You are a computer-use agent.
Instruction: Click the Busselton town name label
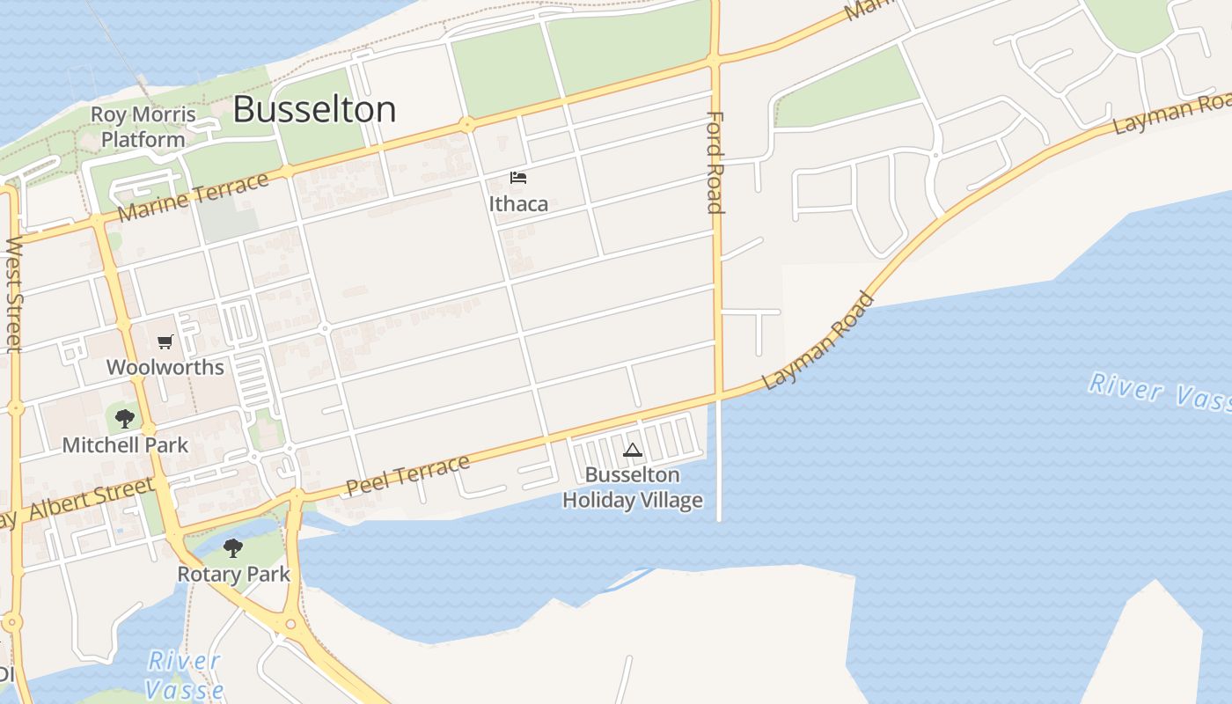(314, 110)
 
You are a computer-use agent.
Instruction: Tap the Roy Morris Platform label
(143, 127)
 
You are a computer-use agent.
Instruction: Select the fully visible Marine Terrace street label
(193, 197)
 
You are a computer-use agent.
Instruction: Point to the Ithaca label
(518, 204)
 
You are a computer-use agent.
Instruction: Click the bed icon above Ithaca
(518, 179)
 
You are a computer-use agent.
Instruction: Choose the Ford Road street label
(715, 163)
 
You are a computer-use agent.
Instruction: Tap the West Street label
(13, 294)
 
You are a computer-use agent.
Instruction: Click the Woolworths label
(165, 367)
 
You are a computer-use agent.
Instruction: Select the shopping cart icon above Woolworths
(165, 341)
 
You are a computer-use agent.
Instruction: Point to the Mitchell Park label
(125, 445)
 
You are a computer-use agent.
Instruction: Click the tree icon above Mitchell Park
(125, 418)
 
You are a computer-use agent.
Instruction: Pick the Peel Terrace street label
(407, 475)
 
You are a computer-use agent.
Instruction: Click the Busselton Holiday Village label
(633, 488)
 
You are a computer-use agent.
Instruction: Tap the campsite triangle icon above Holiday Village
(632, 451)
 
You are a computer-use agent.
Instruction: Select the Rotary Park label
(233, 575)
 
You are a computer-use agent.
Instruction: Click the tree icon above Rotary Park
(232, 548)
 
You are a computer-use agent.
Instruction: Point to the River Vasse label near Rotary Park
(185, 675)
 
